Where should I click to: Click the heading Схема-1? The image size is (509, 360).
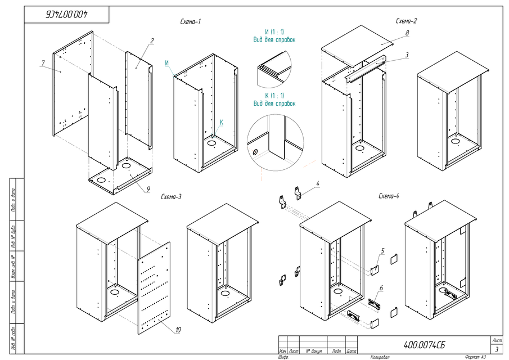point(190,21)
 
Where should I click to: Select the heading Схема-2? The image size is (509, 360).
point(406,21)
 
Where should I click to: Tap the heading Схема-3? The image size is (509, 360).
point(171,197)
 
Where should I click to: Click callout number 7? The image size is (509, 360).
point(42,62)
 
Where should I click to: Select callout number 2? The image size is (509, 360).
point(152,41)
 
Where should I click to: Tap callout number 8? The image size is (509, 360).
point(407,34)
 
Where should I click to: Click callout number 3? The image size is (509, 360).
point(406,55)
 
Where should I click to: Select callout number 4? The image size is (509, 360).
point(318,184)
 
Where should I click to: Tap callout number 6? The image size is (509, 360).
point(382,288)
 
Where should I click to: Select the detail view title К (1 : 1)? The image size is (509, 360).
point(274,95)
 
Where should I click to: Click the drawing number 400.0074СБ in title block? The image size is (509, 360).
point(427,344)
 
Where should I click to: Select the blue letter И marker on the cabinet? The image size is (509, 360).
point(167,63)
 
